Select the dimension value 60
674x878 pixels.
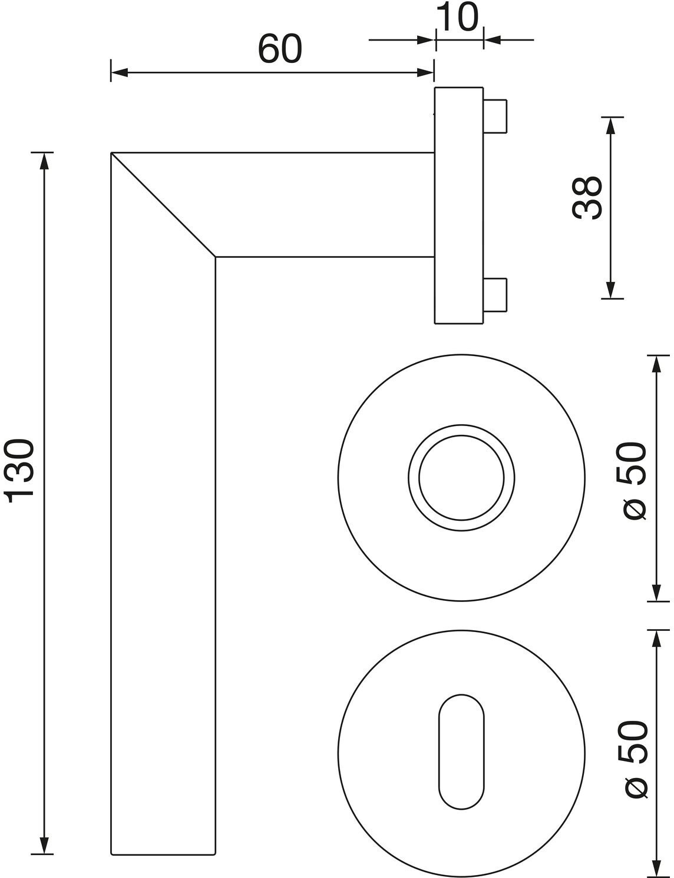tap(280, 49)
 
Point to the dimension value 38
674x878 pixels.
tap(587, 198)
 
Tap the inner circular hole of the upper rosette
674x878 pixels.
tap(461, 478)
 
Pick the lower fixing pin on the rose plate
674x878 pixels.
tap(495, 295)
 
